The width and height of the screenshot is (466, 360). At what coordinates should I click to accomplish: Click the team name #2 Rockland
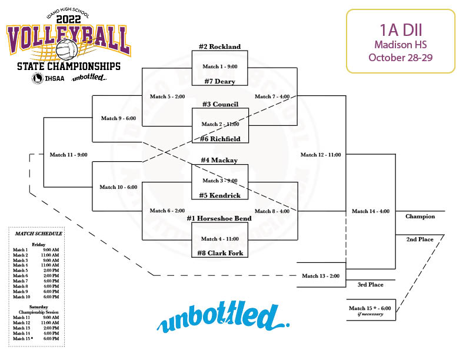219,46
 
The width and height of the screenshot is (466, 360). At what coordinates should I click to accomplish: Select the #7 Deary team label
219,81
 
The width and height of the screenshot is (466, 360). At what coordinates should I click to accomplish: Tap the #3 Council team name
219,104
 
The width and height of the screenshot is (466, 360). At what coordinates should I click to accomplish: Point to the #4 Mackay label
219,160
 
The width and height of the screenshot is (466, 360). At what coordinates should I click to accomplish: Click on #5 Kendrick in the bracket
219,195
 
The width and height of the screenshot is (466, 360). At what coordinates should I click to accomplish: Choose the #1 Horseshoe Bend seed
219,218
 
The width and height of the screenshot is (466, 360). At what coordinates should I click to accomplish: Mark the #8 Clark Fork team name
219,253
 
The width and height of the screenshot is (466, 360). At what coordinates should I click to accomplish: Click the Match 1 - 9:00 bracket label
219,66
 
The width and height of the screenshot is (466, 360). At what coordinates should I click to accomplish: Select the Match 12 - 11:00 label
321,155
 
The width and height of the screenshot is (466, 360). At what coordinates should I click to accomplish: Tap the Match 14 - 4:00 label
371,211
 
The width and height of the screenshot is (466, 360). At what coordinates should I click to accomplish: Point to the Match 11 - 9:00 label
68,155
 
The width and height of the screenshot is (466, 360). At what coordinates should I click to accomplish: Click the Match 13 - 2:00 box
321,276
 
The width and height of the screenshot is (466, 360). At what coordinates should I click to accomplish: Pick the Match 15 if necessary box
371,310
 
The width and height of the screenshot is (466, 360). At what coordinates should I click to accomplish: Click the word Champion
420,216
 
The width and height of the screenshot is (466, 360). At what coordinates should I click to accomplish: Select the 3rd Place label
370,285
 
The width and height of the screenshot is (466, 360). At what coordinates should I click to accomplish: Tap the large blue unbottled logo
224,318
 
